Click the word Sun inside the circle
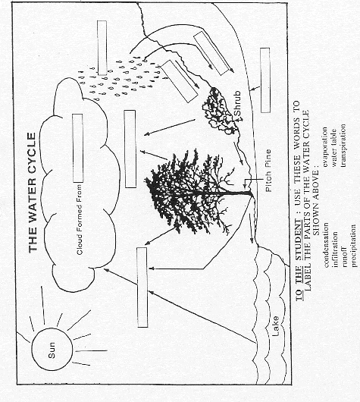point(52,350)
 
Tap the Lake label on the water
point(275,326)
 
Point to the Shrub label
point(237,103)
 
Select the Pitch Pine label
point(268,171)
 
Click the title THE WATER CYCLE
point(33,193)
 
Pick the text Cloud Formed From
point(80,219)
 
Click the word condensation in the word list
point(326,244)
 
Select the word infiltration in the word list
point(335,250)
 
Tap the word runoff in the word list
point(344,257)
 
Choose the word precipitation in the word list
point(353,246)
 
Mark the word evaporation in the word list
point(325,146)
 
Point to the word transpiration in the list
point(343,146)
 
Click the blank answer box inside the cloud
point(78,148)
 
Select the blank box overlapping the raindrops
point(102,48)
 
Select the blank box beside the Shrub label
point(265,80)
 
